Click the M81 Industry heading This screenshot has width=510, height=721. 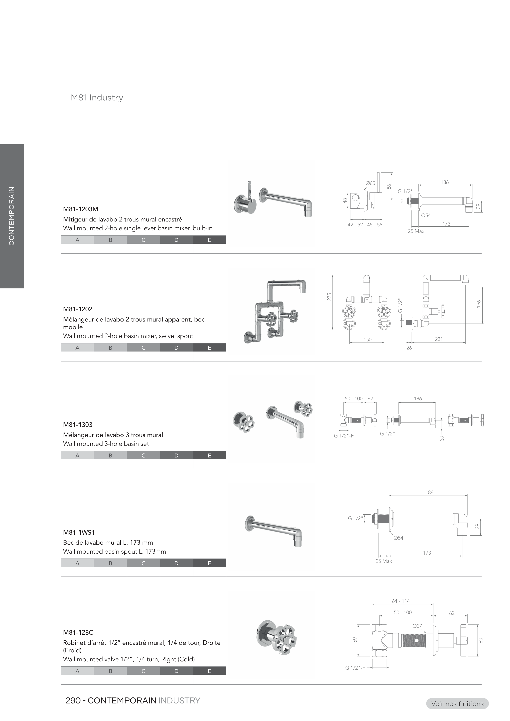pyautogui.click(x=97, y=98)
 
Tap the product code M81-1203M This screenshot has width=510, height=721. pyautogui.click(x=80, y=209)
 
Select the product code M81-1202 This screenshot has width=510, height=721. pyautogui.click(x=78, y=309)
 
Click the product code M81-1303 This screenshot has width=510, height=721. pyautogui.click(x=78, y=425)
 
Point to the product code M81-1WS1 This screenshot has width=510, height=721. pyautogui.click(x=79, y=532)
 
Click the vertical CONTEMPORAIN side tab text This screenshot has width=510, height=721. pyautogui.click(x=12, y=216)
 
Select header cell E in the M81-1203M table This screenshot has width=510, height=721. pyautogui.click(x=209, y=240)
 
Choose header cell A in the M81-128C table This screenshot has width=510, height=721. pyautogui.click(x=77, y=671)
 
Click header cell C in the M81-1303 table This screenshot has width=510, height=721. pyautogui.click(x=143, y=455)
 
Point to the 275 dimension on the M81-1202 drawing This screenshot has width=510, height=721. pyautogui.click(x=329, y=297)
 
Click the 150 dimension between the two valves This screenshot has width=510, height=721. pyautogui.click(x=367, y=339)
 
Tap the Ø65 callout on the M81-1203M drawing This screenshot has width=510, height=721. pyautogui.click(x=370, y=183)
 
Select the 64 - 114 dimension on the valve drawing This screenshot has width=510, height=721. pyautogui.click(x=401, y=601)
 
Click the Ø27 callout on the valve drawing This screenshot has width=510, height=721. pyautogui.click(x=417, y=626)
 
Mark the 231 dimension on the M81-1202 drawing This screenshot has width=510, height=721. pyautogui.click(x=439, y=339)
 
